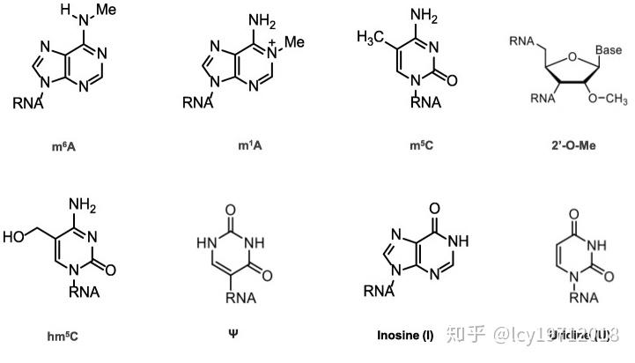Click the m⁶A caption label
(66, 144)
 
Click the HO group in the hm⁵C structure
(17, 236)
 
